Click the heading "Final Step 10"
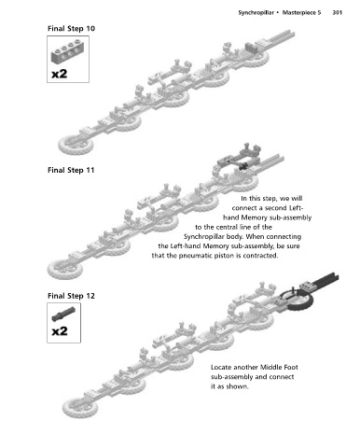[71, 29]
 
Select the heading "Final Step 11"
[71, 170]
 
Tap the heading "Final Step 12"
[71, 296]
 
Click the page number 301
[338, 13]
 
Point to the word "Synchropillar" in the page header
[256, 13]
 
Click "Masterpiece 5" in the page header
[301, 13]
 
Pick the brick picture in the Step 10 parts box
[67, 53]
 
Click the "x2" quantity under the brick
[59, 74]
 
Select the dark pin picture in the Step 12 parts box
[63, 314]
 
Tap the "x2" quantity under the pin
[59, 331]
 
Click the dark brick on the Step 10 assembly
[252, 48]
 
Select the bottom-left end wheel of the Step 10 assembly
[76, 145]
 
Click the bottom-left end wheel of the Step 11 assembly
[65, 269]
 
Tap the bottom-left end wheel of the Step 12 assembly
[80, 408]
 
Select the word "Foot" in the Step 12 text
[291, 368]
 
